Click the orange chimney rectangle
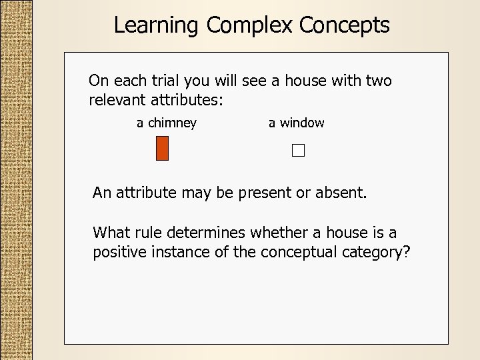[x=162, y=148]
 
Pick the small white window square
[x=297, y=151]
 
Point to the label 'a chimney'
[x=167, y=123]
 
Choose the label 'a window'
[x=297, y=123]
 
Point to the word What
[x=110, y=233]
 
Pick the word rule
[x=147, y=233]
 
